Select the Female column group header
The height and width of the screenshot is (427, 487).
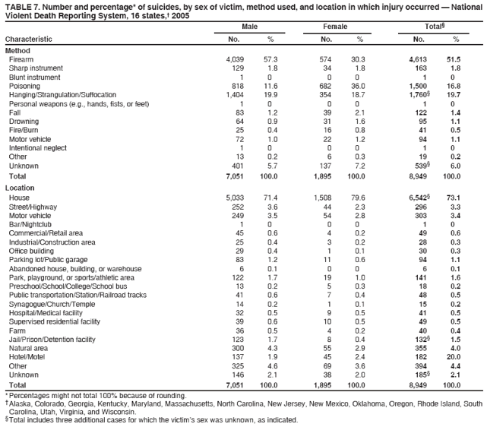coord(335,27)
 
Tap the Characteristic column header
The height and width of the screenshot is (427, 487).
coord(29,39)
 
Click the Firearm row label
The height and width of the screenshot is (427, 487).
coord(21,59)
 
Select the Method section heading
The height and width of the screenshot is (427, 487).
coord(18,49)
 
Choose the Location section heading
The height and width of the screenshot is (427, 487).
coord(21,186)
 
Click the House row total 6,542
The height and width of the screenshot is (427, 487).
coord(419,198)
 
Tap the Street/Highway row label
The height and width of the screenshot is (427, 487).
coord(32,207)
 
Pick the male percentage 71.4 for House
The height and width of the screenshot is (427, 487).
coord(269,198)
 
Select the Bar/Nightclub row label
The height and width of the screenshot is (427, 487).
coord(29,225)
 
